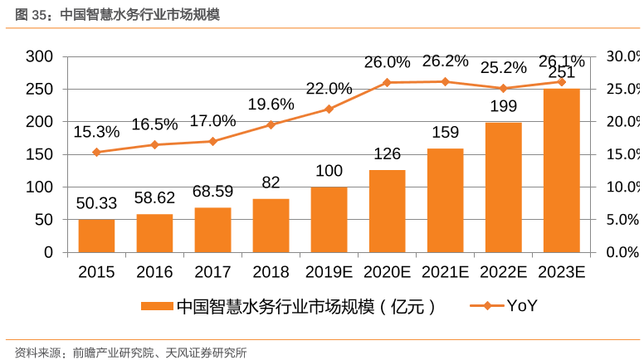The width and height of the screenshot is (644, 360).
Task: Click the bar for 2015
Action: tap(96, 236)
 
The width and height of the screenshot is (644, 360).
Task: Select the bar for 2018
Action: tap(271, 226)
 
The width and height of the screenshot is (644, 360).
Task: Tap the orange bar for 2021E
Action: tap(445, 200)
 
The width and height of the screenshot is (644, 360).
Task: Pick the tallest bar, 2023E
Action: tap(561, 170)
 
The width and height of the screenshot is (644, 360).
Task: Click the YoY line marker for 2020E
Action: tap(387, 82)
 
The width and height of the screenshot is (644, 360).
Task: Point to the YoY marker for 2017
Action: tap(212, 141)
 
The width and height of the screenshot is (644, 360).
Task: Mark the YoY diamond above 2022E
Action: tap(503, 88)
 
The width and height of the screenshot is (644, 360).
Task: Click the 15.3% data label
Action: tap(96, 131)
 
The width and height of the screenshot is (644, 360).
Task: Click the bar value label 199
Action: tap(503, 106)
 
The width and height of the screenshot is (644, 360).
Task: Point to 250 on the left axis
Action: tap(40, 89)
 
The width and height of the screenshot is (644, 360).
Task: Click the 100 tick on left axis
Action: tap(40, 187)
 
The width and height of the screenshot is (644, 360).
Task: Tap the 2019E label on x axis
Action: tap(329, 271)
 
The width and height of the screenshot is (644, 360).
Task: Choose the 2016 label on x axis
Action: tap(154, 271)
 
